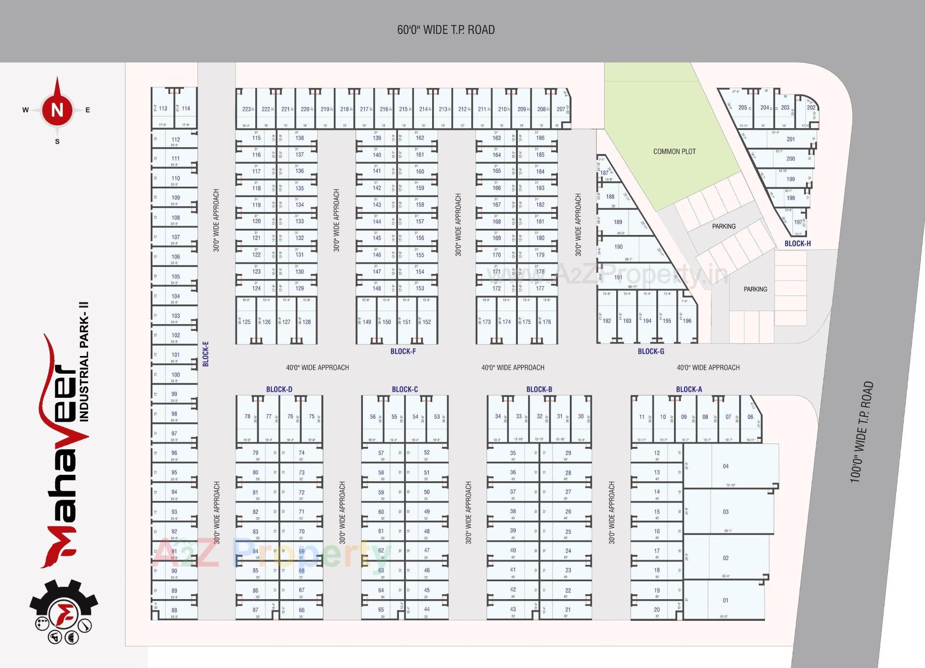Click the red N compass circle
pyautogui.click(x=57, y=110)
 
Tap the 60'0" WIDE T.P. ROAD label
pyautogui.click(x=446, y=30)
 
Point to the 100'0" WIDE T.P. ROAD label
pyautogui.click(x=861, y=432)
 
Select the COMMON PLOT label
pyautogui.click(x=674, y=152)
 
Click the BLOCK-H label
pyautogui.click(x=797, y=244)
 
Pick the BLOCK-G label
pyautogui.click(x=650, y=352)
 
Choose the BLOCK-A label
pyautogui.click(x=688, y=389)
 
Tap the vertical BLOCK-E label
pyautogui.click(x=206, y=354)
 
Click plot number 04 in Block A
pyautogui.click(x=726, y=466)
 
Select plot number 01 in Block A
pyautogui.click(x=726, y=601)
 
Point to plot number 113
pyautogui.click(x=163, y=108)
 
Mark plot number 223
pyautogui.click(x=246, y=109)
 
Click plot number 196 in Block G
pyautogui.click(x=687, y=321)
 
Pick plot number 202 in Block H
pyautogui.click(x=811, y=108)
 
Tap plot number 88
pyautogui.click(x=174, y=610)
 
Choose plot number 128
pyautogui.click(x=306, y=322)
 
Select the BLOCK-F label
pyautogui.click(x=403, y=352)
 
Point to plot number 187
pyautogui.click(x=604, y=173)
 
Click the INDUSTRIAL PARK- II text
pyautogui.click(x=84, y=362)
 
